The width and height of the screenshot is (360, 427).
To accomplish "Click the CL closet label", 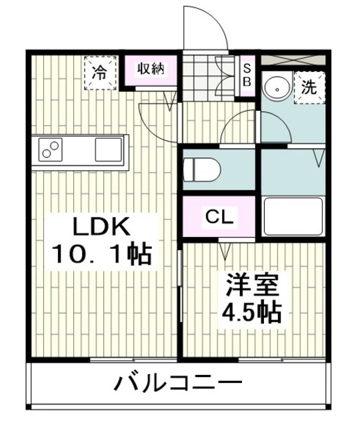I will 218,216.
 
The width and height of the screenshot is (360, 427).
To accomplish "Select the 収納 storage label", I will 151,69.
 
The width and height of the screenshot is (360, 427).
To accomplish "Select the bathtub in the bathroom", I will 292,215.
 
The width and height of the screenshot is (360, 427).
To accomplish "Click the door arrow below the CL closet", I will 225,252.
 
